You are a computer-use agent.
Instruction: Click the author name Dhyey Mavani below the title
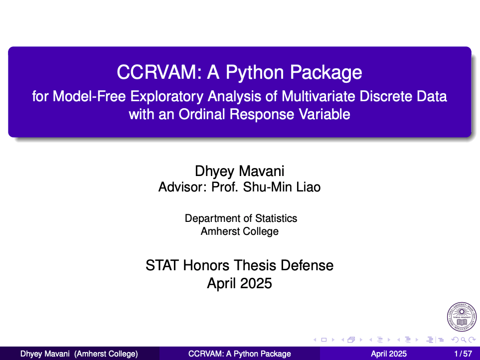pyautogui.click(x=239, y=172)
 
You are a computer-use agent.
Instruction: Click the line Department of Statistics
pyautogui.click(x=241, y=218)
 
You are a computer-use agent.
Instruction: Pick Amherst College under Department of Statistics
pyautogui.click(x=240, y=231)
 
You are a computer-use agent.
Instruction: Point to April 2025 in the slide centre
pyautogui.click(x=240, y=284)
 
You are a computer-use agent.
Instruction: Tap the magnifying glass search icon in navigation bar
pyautogui.click(x=464, y=340)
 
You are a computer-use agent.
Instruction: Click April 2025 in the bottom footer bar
pyautogui.click(x=389, y=354)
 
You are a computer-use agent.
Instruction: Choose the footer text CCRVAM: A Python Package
pyautogui.click(x=239, y=354)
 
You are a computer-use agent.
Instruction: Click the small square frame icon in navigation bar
pyautogui.click(x=323, y=340)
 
